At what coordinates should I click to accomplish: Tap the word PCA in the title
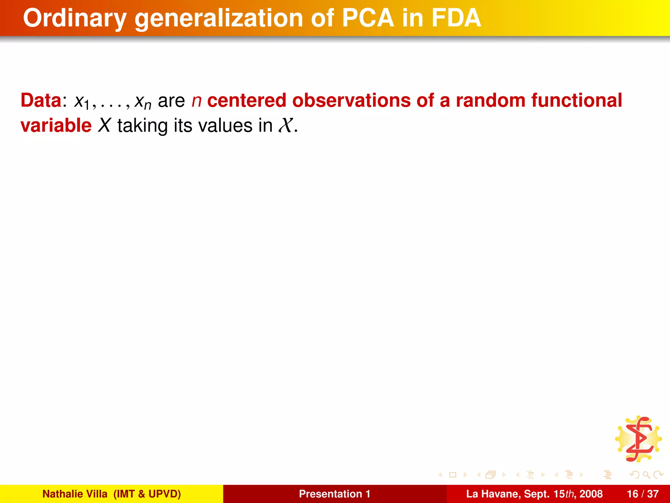click(368, 18)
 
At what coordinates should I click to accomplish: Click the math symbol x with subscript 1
click(82, 102)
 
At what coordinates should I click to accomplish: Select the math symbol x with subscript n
click(143, 102)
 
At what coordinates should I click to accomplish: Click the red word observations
click(351, 100)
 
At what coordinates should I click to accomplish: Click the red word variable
click(56, 126)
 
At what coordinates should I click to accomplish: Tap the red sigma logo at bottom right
click(639, 439)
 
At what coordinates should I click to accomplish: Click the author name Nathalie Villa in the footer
click(75, 494)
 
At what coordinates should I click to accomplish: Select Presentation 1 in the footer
click(334, 494)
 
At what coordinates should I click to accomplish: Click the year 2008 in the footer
click(591, 494)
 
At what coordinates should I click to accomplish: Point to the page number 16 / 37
click(643, 494)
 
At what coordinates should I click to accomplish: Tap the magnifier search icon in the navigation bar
click(646, 475)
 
